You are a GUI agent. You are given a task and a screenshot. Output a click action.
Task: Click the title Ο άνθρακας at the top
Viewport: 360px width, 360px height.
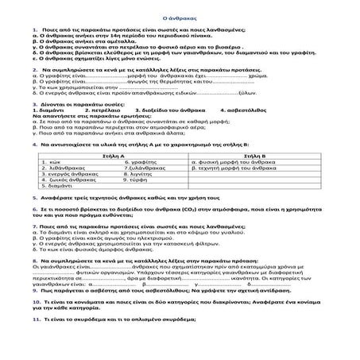tap(180, 16)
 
